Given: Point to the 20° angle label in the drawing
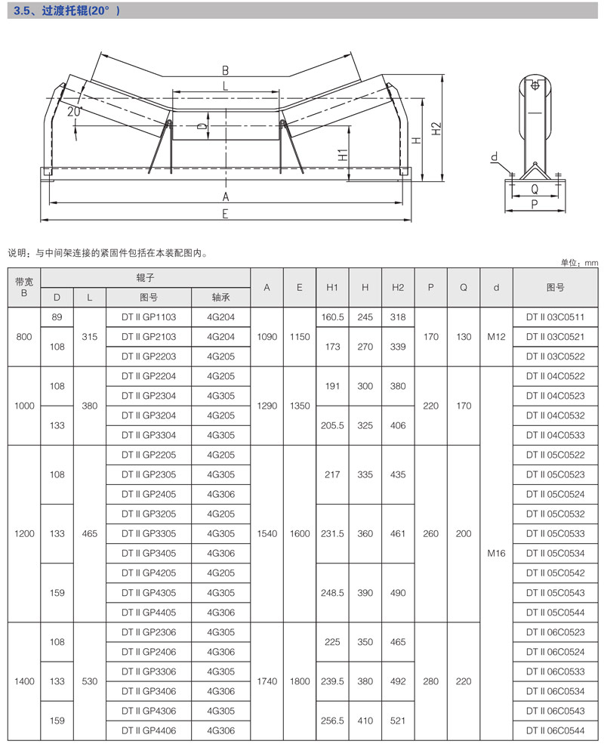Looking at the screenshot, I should click(73, 111).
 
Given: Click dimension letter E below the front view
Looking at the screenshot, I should click(225, 214).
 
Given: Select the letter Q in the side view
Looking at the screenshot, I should click(535, 190).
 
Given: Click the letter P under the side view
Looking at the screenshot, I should click(535, 203).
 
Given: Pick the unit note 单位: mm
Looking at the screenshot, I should click(579, 262).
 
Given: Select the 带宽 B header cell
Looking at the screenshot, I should click(24, 287).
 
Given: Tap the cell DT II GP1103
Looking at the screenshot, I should click(148, 317).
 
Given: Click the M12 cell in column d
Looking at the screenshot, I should click(495, 337).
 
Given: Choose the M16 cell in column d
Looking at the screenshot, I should click(495, 553).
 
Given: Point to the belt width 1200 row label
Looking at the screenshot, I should click(24, 533).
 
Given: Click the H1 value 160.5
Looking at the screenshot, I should click(332, 317).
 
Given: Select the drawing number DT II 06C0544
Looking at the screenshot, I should click(555, 730).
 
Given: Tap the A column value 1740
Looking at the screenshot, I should click(267, 681).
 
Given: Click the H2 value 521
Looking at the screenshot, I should click(398, 721).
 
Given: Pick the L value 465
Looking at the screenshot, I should click(89, 533).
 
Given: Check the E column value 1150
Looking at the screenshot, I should click(300, 337).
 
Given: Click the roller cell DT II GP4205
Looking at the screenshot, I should click(148, 573).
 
